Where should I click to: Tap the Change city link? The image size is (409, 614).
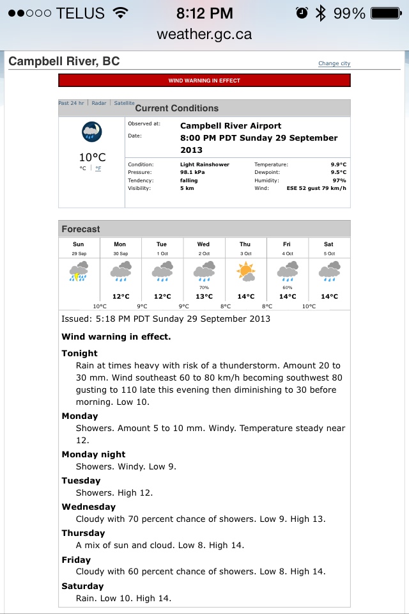click(334, 63)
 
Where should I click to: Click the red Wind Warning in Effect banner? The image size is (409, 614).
click(204, 81)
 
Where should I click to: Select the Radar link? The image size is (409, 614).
click(99, 103)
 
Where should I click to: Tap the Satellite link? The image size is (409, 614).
click(124, 103)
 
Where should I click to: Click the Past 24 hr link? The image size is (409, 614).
click(71, 103)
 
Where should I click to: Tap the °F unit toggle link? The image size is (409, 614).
click(98, 168)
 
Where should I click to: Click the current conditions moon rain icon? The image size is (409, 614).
click(92, 132)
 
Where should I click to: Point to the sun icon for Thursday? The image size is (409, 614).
click(245, 272)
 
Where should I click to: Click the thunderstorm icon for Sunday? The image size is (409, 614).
click(78, 272)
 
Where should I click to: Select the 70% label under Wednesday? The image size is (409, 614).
click(204, 288)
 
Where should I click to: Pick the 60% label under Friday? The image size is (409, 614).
click(288, 288)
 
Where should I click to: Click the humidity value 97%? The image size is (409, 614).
click(339, 180)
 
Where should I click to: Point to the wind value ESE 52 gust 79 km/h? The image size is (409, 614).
click(316, 189)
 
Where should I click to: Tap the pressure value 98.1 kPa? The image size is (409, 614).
click(192, 173)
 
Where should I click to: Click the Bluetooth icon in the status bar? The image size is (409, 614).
click(320, 13)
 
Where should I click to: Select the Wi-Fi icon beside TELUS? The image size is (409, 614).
click(120, 13)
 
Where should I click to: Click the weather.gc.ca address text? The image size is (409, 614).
click(204, 34)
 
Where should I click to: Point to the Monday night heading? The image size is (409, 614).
click(93, 454)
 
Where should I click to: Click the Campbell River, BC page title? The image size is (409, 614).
click(64, 61)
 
